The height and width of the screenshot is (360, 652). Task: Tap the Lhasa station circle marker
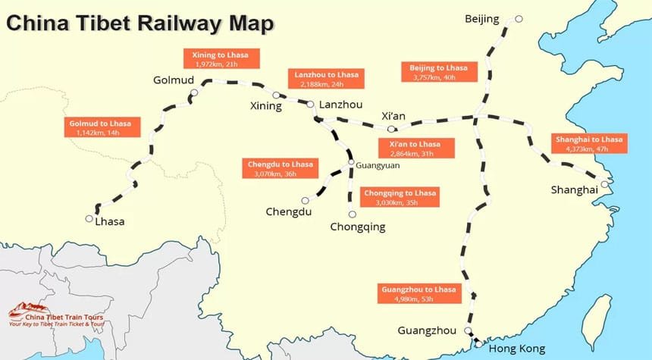(x=89, y=219)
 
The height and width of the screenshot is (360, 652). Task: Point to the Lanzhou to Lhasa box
(x=326, y=79)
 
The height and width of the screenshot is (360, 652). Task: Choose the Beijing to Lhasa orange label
(x=438, y=72)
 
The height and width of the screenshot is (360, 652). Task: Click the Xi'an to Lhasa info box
(x=415, y=149)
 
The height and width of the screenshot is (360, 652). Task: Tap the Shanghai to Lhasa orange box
(x=588, y=144)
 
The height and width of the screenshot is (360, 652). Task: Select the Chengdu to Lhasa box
(x=280, y=168)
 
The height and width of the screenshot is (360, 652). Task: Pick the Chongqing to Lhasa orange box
(x=400, y=197)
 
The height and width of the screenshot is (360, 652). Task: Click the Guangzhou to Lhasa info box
(x=419, y=294)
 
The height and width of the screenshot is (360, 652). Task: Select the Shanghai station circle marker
(x=604, y=183)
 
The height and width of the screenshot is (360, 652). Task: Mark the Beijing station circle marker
(x=518, y=19)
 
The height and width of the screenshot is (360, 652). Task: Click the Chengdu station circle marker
(x=306, y=201)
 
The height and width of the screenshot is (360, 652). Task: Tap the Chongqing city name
(x=358, y=226)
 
